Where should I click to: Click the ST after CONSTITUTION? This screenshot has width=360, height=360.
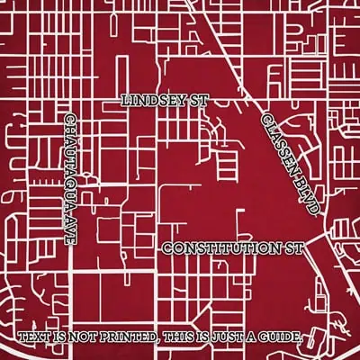(295, 247)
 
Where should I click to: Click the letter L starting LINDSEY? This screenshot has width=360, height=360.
(124, 101)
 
